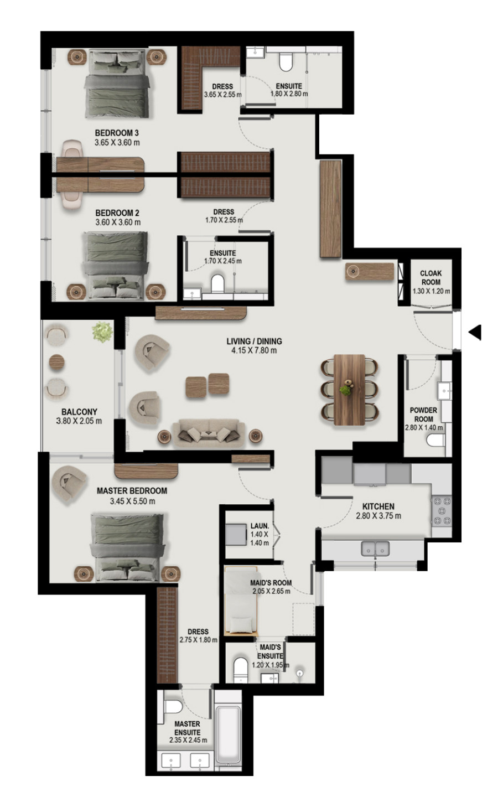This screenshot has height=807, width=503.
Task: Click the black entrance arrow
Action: click(x=475, y=332)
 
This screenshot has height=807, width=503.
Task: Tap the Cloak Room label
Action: click(x=431, y=277)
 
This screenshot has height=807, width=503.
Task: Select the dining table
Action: click(x=349, y=390)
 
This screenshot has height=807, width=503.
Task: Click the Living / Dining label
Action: click(x=254, y=341)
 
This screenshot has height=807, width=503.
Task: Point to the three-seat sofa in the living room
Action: click(x=209, y=433)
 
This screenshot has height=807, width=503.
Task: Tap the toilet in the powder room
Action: click(x=435, y=440)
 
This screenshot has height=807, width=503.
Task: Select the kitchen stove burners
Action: click(x=442, y=510)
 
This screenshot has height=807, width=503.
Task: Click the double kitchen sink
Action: click(x=375, y=549)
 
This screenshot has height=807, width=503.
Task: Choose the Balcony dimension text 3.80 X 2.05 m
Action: click(x=79, y=421)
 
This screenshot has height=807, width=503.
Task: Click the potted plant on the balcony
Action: click(x=102, y=332)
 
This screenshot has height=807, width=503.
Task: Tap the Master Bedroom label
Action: click(x=132, y=491)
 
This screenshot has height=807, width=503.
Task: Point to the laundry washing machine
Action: click(x=236, y=535)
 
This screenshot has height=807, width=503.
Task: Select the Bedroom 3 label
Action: click(x=117, y=133)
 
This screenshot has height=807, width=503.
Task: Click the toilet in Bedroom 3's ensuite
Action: click(x=286, y=63)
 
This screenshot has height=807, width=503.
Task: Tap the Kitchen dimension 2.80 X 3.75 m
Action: click(x=378, y=515)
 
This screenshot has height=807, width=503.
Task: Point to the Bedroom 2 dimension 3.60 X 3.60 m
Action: click(x=118, y=223)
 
